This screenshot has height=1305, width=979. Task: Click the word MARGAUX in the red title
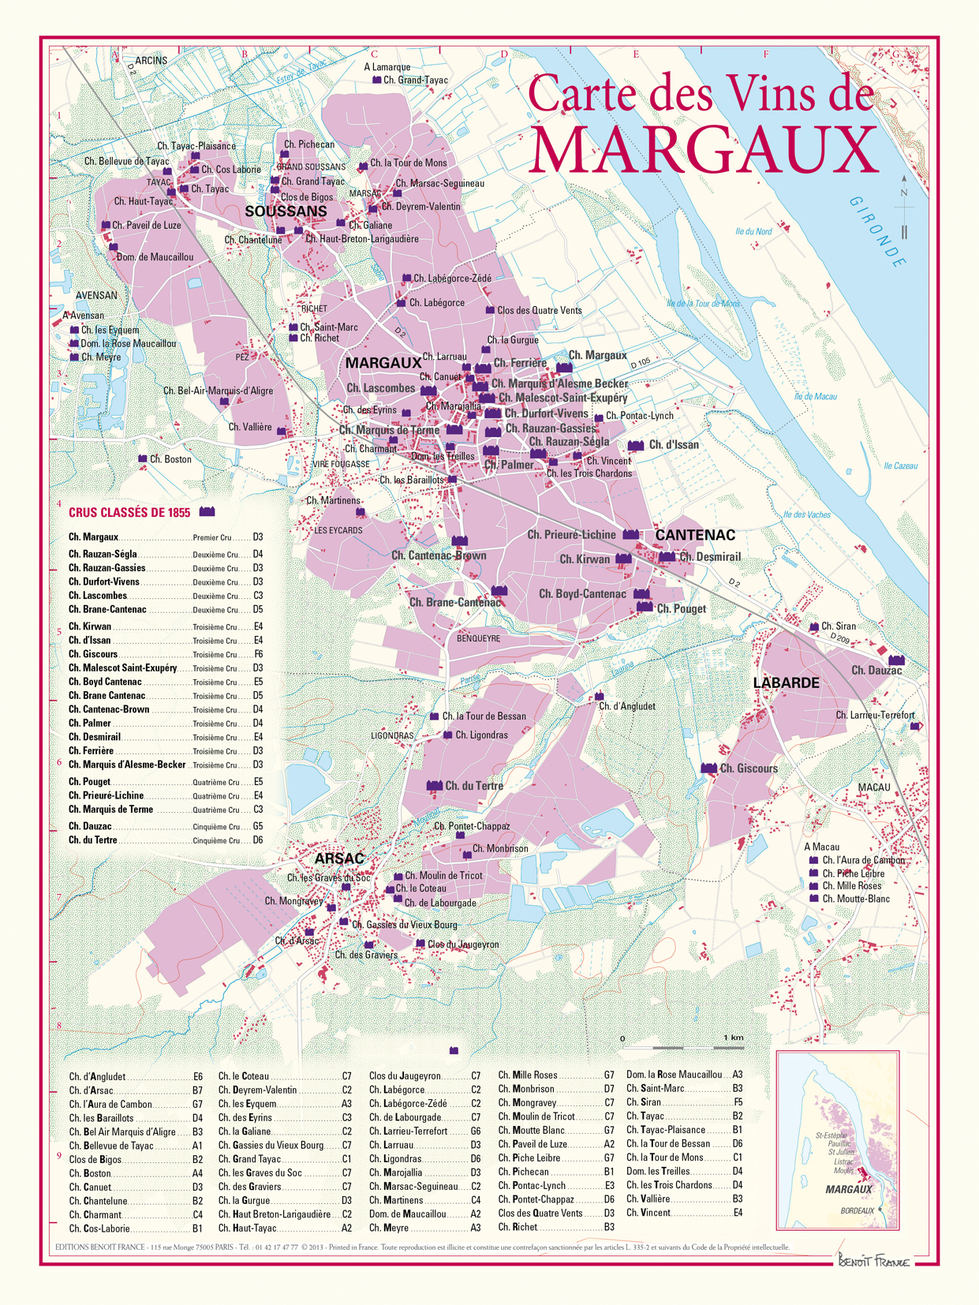704,149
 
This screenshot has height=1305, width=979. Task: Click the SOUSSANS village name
286,211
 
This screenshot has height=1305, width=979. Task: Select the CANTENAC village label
695,535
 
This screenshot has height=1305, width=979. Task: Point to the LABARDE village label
786,682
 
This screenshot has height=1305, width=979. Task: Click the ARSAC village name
339,858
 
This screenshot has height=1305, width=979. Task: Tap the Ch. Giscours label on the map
748,768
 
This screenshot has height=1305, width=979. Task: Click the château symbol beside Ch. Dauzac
896,660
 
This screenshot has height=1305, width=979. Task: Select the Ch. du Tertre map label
473,786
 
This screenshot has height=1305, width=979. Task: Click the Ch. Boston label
170,459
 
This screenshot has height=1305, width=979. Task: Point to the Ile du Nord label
753,231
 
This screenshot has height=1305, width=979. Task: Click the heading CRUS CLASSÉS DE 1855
129,513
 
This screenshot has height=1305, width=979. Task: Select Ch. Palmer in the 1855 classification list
90,724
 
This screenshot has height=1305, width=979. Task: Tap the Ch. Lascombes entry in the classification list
98,596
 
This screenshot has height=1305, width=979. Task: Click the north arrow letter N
904,193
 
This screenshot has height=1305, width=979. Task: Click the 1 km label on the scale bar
733,1038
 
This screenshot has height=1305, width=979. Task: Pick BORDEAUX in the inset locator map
857,1210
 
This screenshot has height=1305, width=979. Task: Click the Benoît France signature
873,1262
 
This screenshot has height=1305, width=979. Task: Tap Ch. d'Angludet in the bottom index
97,1076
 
